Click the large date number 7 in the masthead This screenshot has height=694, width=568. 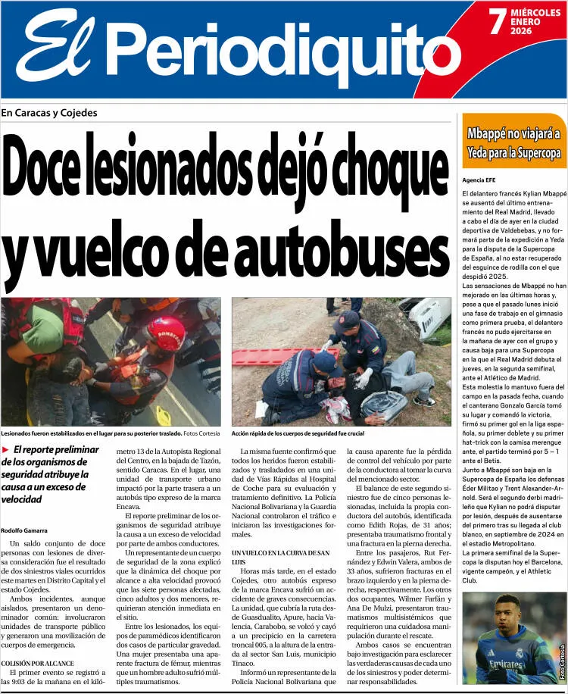click(496, 22)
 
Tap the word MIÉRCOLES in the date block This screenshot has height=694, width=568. click(535, 14)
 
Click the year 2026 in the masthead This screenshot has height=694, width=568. click(521, 31)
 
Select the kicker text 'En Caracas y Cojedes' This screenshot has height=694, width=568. click(49, 113)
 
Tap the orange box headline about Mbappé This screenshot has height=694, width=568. click(513, 143)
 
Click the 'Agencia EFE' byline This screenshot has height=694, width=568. click(479, 180)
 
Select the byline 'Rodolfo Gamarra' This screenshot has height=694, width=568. click(25, 530)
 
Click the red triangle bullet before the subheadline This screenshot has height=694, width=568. click(6, 449)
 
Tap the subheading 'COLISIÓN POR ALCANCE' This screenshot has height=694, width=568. click(37, 663)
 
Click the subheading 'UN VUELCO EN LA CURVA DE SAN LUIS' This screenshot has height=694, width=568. click(280, 558)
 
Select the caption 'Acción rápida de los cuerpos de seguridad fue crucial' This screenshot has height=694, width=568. click(298, 433)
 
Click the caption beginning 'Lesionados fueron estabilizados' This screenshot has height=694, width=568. click(91, 433)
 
